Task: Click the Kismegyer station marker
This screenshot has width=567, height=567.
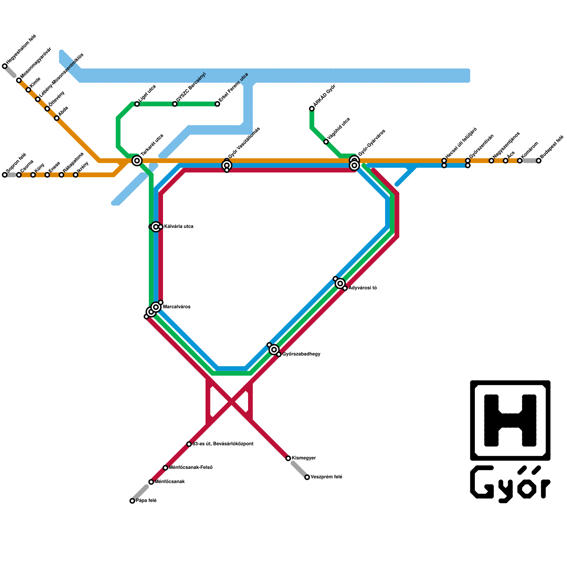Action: pos(288,458)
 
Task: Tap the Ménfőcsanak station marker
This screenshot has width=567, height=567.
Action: pos(151,482)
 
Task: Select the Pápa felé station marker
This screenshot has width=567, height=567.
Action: pos(132,501)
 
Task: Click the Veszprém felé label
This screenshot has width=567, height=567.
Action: pos(326,477)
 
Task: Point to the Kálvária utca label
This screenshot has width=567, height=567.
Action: pos(179,226)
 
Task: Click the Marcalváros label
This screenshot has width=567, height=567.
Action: pos(176,307)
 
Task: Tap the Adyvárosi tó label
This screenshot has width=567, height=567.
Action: pos(362,288)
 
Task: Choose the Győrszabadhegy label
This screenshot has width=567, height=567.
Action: pos(301,354)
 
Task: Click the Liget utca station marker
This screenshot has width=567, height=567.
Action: pos(137,104)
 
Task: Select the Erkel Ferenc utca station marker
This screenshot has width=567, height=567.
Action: pos(217,104)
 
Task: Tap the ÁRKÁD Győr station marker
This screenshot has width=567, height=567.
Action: pos(312,108)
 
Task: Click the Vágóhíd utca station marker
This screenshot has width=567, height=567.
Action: pos(326,142)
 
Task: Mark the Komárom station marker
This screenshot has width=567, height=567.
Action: pos(520,161)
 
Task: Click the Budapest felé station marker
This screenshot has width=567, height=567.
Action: pos(539,161)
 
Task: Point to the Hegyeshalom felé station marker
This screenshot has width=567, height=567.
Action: pos(5,66)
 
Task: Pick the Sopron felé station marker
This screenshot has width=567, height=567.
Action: pos(5,175)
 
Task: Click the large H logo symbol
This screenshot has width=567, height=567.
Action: pos(510,420)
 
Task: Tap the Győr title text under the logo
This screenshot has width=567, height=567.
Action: pos(510,484)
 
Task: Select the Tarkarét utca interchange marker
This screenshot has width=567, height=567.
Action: pos(137,161)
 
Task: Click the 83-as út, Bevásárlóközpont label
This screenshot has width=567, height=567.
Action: pos(223,444)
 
